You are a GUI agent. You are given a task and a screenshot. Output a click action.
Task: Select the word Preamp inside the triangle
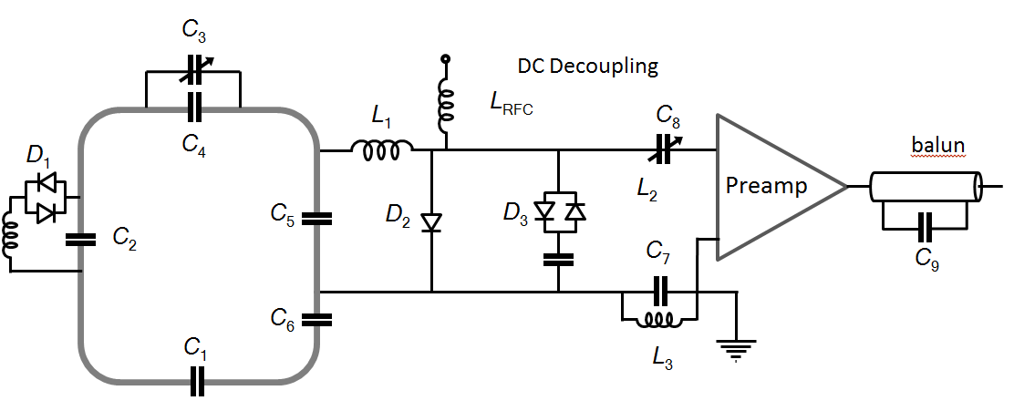[x=765, y=187]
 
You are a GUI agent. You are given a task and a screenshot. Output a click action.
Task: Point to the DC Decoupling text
[x=587, y=67]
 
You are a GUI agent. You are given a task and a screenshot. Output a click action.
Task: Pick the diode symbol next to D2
[x=431, y=220]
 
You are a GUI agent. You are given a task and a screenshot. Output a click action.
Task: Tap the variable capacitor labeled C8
[x=664, y=149]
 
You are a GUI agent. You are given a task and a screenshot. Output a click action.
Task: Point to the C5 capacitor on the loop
[x=316, y=218]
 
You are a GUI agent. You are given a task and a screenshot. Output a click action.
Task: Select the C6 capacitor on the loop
[x=316, y=318]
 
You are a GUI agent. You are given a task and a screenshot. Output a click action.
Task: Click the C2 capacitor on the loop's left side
[x=81, y=240]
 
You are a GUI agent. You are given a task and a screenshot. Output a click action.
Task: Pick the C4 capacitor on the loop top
[x=192, y=108]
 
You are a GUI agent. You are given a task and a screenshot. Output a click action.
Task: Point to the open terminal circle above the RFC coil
[x=446, y=59]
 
